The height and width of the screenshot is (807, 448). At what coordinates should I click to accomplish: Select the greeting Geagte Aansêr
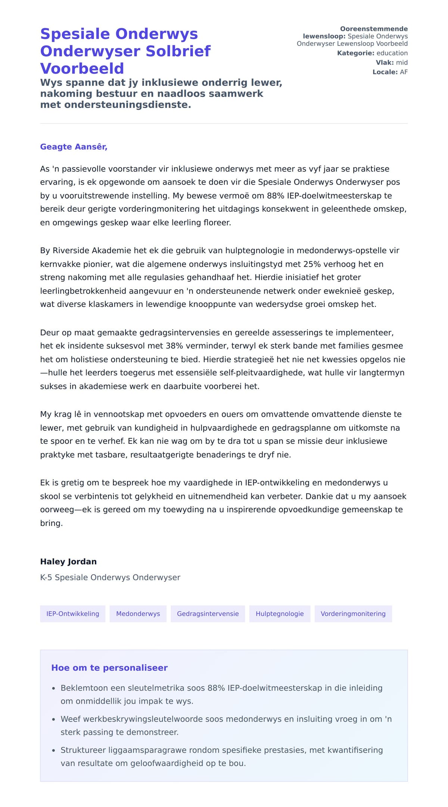point(74,147)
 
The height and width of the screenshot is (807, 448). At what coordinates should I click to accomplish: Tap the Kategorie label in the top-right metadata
point(355,53)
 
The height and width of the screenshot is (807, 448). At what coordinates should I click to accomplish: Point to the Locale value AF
point(404,72)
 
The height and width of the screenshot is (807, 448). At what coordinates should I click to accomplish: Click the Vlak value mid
point(402,63)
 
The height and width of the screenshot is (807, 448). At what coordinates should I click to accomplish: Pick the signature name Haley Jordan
point(68,562)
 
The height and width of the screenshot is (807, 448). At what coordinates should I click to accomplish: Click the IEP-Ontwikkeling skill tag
point(73,614)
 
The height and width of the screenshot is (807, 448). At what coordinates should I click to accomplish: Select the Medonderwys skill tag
point(138,614)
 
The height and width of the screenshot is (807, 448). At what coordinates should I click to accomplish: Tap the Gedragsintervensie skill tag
point(208,614)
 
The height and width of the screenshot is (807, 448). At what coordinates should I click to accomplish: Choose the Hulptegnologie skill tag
point(280,614)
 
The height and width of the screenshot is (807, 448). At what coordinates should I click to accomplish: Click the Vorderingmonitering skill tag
point(353,614)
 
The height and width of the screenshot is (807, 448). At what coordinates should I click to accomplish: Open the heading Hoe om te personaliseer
point(109,668)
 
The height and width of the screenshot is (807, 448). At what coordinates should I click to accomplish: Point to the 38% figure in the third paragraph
point(174,346)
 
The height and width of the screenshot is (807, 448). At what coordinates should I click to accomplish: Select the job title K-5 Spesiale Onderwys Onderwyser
point(110,577)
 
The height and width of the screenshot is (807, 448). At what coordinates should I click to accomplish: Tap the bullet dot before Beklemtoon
point(54,688)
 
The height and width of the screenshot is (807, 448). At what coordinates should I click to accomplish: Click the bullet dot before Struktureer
point(54,750)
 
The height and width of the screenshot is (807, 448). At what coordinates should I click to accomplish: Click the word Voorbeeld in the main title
point(82,69)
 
